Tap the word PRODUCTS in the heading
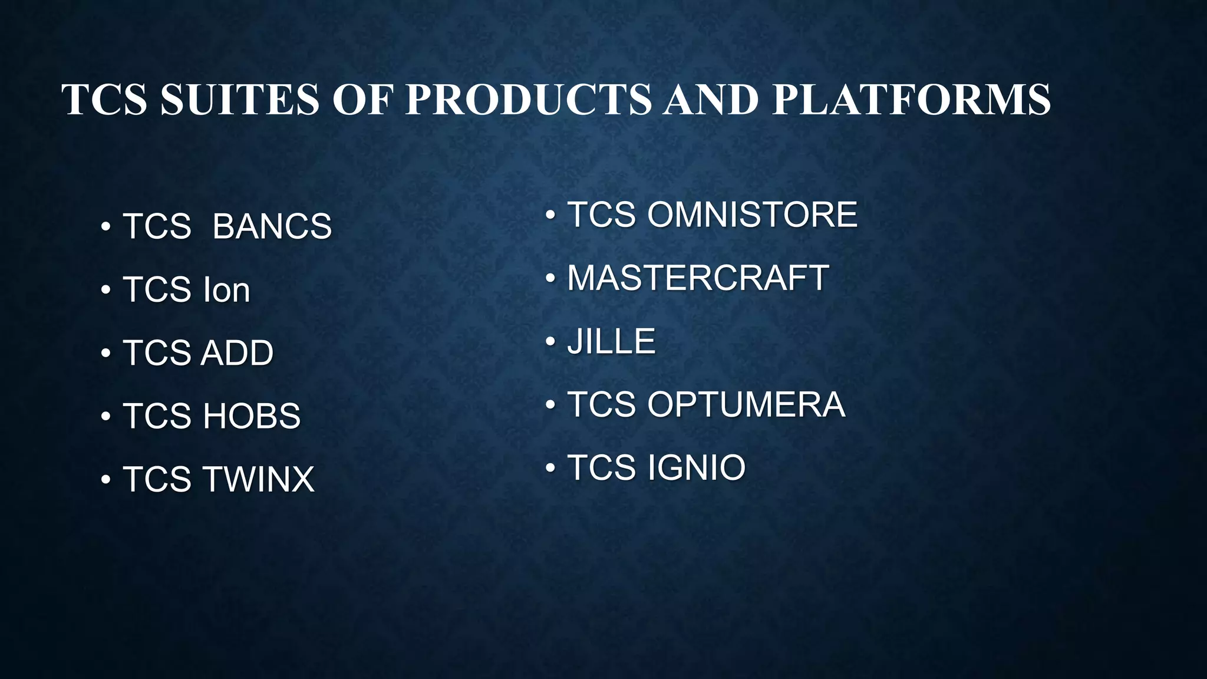point(528,99)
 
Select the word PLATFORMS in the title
point(911,99)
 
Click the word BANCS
point(272,226)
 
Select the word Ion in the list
point(226,289)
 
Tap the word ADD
point(238,352)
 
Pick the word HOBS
point(252,416)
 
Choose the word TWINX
point(259,479)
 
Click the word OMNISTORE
point(752,215)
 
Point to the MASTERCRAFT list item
point(698,278)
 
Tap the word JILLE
point(611,341)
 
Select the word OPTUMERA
point(746,404)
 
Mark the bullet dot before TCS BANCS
point(105,227)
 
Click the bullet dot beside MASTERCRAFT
point(550,278)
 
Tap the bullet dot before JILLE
point(550,342)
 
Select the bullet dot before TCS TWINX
point(105,480)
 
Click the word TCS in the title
point(104,99)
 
